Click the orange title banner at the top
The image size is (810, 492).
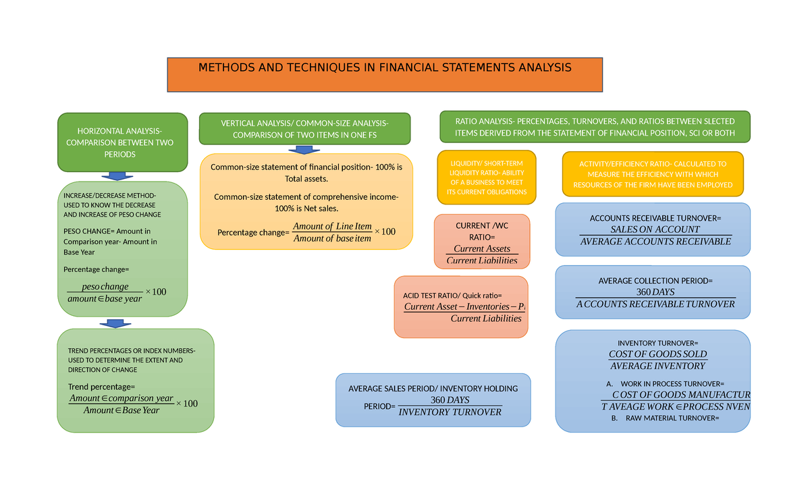coord(385,74)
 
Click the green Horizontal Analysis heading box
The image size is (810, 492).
coord(123,142)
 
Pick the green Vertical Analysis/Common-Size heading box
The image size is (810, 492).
coord(304,129)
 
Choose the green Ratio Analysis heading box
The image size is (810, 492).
coord(595,128)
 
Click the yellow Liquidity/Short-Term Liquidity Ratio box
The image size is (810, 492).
coord(487,177)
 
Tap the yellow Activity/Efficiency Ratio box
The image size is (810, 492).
coord(652,174)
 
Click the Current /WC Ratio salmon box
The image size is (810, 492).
coord(482,242)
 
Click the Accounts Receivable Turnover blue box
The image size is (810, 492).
coord(652,229)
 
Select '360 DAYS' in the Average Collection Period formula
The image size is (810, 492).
coord(655,292)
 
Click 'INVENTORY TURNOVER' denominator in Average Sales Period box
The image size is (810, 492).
coord(450,412)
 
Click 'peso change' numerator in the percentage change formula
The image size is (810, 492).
coord(105,287)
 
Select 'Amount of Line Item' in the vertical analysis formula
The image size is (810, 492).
coord(332,226)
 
